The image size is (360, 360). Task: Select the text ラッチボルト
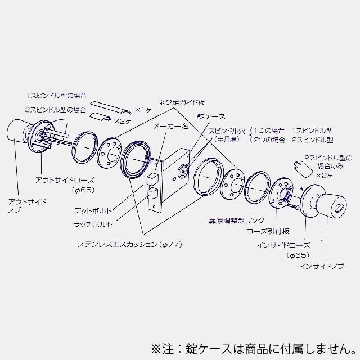click(93, 224)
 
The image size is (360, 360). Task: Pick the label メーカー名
click(170, 127)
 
